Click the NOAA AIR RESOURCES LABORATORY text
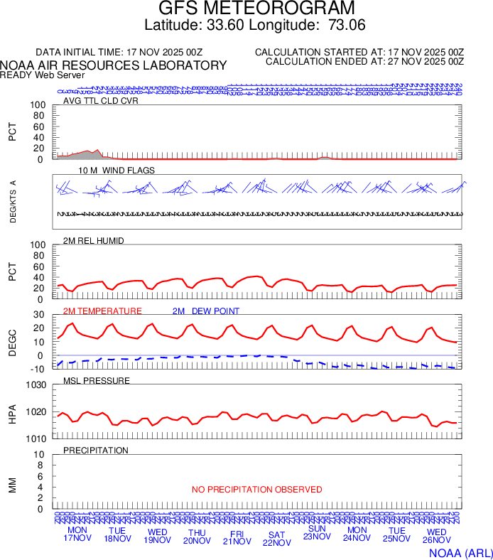114,65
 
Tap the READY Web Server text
43,75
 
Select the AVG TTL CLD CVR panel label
100,100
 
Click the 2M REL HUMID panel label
94,241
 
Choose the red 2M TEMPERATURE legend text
102,311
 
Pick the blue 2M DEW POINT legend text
206,311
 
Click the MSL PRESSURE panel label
97,380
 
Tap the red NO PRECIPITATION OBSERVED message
256,490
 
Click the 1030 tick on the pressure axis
36,385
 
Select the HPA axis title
12,412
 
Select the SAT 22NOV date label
277,538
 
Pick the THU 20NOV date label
197,538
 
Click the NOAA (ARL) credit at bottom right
460,551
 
